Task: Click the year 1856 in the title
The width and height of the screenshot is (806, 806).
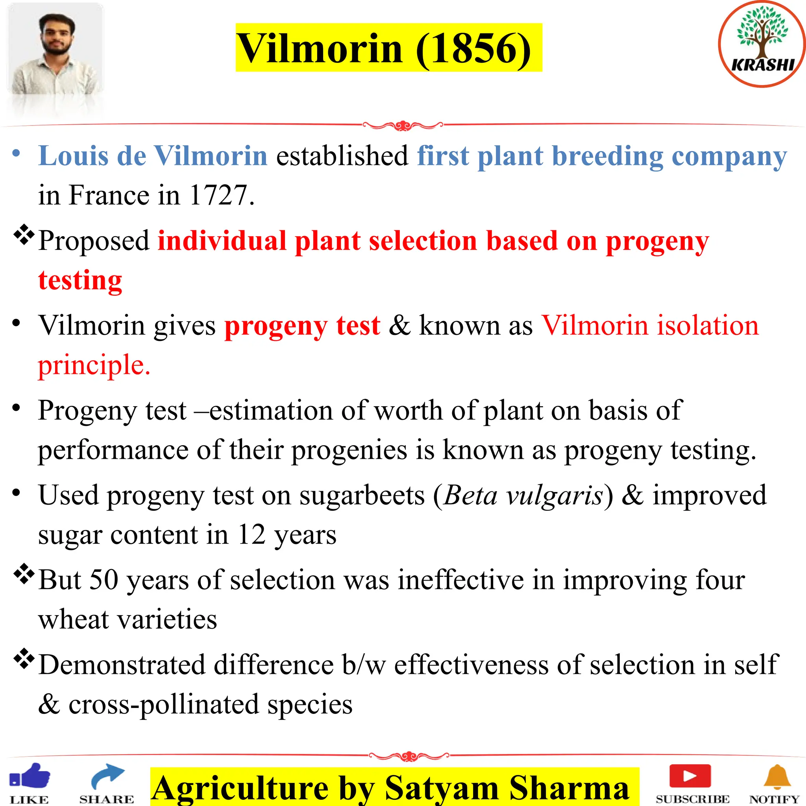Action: tap(473, 49)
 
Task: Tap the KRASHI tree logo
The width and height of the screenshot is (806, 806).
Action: tap(762, 44)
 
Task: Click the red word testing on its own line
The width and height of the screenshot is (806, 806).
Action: tap(80, 280)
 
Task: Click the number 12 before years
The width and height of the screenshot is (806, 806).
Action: tap(251, 534)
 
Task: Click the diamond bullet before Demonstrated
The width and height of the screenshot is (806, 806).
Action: tap(24, 659)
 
